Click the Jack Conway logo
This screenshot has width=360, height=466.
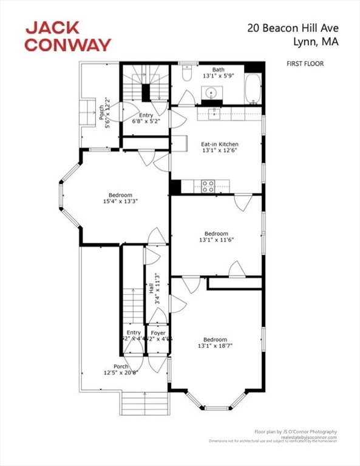[67, 36]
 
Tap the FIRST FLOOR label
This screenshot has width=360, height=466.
[305, 63]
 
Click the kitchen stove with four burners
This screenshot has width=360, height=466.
[208, 186]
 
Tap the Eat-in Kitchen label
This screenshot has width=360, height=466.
[217, 144]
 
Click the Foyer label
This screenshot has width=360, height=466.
[158, 333]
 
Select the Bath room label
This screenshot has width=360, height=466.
[218, 70]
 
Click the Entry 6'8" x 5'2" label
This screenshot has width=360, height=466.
[146, 119]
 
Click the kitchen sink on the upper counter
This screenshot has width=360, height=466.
[216, 112]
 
